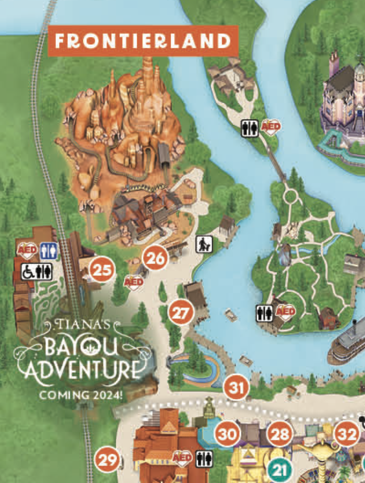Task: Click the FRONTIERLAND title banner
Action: (143, 41)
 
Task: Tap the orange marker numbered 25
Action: (102, 270)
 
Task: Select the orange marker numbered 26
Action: (155, 258)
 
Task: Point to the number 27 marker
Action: (180, 313)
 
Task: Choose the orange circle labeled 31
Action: (236, 387)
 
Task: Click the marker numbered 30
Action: (227, 435)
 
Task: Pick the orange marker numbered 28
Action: (280, 435)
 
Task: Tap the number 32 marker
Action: (346, 435)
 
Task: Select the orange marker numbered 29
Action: (108, 460)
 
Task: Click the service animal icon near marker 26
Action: (202, 245)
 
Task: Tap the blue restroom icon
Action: (50, 251)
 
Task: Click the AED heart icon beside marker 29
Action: (182, 458)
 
